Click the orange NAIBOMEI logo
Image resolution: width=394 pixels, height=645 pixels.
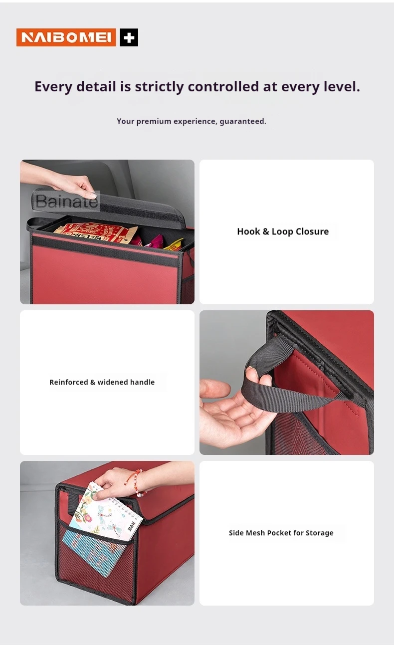[66, 37]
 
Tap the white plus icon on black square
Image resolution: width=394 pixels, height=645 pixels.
[129, 37]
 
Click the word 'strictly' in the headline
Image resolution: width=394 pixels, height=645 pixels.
[159, 87]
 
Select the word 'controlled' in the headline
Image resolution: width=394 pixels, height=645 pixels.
[223, 86]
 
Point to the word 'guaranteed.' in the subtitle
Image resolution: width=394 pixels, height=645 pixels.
[243, 122]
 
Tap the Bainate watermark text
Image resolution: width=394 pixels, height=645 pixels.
[66, 201]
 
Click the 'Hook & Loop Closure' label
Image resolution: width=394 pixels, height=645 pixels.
[283, 231]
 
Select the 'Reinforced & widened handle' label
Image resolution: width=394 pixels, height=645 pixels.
[102, 382]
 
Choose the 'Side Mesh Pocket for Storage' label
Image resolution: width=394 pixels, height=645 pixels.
[281, 533]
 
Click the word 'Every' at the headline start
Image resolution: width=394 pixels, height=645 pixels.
[53, 87]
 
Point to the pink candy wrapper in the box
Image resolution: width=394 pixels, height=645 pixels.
[156, 241]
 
